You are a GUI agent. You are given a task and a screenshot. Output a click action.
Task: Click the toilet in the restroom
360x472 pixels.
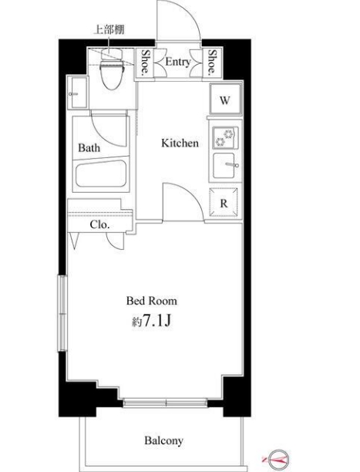click(112, 69)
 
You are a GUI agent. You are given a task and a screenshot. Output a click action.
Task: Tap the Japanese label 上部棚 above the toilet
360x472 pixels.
click(109, 30)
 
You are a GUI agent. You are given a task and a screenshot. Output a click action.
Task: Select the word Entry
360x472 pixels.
click(178, 62)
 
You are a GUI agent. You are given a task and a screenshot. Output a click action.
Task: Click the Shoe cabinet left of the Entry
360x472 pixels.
click(145, 62)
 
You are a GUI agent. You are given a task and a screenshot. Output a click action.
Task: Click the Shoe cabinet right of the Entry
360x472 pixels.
click(212, 62)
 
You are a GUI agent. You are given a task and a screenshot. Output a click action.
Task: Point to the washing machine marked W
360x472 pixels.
click(225, 99)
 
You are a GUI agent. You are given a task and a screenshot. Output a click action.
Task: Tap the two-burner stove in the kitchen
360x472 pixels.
click(226, 138)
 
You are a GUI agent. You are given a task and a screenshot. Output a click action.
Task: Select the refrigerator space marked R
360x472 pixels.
click(224, 203)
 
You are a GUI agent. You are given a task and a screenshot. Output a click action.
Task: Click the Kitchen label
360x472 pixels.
click(180, 143)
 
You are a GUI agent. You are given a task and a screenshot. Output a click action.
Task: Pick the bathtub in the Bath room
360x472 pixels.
click(101, 174)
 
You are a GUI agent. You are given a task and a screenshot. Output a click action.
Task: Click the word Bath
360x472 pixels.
click(89, 148)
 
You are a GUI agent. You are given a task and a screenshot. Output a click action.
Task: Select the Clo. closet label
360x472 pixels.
click(100, 225)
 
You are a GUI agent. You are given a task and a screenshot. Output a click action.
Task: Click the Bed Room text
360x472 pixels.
click(152, 301)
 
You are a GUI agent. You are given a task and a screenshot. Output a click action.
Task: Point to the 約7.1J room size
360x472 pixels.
click(152, 321)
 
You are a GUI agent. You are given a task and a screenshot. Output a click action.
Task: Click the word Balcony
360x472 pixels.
click(163, 440)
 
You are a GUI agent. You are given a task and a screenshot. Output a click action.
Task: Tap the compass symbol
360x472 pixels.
click(278, 460)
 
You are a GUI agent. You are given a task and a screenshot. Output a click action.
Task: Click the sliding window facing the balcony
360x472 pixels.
click(165, 403)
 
